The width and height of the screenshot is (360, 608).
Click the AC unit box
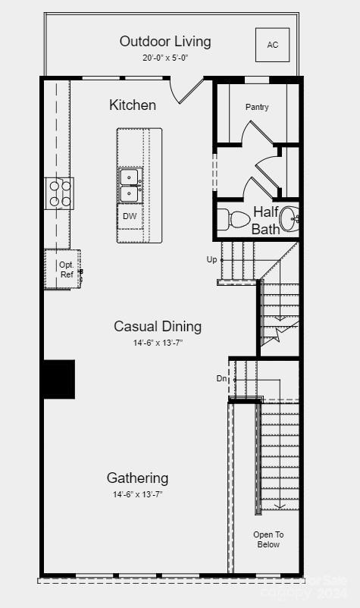(272, 45)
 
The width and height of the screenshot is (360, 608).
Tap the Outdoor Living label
(165, 42)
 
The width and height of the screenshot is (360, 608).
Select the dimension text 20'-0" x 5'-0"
(165, 58)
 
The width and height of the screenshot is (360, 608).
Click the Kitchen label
(133, 105)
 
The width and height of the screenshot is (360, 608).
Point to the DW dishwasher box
(130, 216)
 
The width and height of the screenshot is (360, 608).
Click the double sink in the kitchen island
(130, 186)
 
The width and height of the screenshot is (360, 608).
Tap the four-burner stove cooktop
(60, 193)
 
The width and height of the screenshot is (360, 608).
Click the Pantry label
(257, 108)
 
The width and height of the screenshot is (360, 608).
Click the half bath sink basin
(290, 218)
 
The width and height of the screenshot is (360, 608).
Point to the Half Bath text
(266, 220)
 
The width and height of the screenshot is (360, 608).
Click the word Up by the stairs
(211, 259)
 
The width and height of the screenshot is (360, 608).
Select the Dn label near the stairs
(221, 378)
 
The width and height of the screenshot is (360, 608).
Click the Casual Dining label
(158, 326)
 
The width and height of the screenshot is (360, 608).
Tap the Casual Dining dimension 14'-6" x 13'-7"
(158, 343)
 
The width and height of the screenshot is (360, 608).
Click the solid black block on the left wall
(58, 379)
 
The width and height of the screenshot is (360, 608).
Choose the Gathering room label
(137, 478)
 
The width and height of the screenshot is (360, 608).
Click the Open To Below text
(268, 539)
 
